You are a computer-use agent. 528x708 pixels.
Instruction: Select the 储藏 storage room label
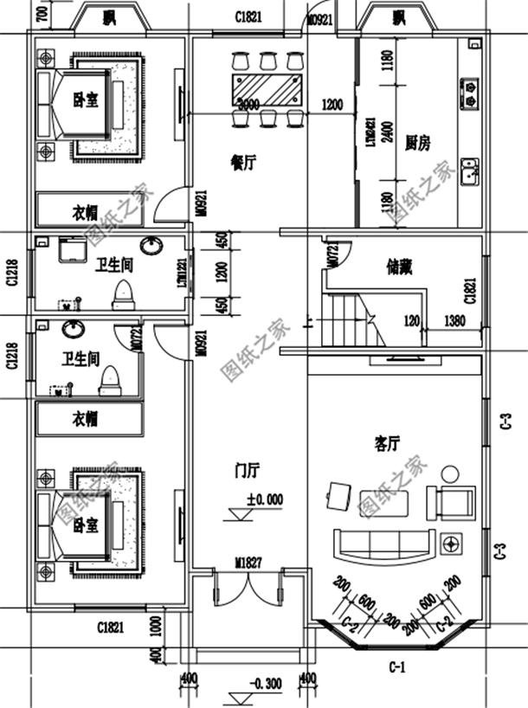click(399, 267)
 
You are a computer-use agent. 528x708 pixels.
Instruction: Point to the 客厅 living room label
click(387, 443)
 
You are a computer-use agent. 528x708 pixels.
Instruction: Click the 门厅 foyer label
click(248, 470)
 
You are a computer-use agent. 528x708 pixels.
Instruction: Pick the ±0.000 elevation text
click(264, 499)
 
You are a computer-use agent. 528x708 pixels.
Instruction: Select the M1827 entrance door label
click(248, 563)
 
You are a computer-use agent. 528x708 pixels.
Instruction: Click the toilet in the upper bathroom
click(123, 293)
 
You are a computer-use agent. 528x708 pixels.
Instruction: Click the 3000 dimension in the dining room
click(248, 105)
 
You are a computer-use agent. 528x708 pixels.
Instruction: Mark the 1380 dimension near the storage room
click(455, 320)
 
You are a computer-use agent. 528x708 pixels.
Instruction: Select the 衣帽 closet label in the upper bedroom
click(84, 212)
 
